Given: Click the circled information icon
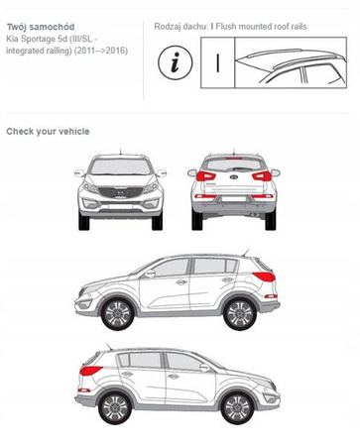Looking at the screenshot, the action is point(175,62).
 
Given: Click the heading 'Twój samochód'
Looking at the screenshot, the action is point(41,27).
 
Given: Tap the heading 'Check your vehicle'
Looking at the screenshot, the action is point(48,132).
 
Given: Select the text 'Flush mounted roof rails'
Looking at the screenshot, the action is point(261,27).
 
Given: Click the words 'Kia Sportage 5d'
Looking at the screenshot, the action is point(37,39).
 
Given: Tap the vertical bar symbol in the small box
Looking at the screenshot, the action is point(217,63).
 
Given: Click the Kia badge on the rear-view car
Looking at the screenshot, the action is point(234,176).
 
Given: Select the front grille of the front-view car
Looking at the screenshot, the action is point(121,192).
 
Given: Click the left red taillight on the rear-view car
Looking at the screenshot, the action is point(205,176).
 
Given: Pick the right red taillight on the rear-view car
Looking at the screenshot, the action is point(262,176).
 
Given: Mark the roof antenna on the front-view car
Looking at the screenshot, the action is point(120,152).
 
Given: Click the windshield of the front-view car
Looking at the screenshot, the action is point(121,167).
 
